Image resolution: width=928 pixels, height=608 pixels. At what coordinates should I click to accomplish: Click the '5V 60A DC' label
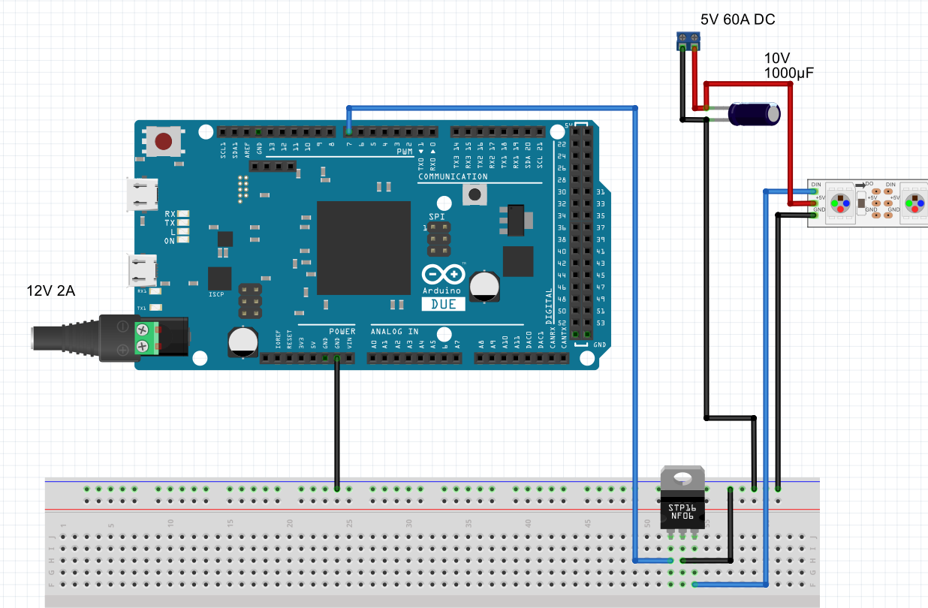click(x=737, y=20)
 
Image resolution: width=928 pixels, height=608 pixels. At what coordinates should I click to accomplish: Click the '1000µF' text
click(x=789, y=73)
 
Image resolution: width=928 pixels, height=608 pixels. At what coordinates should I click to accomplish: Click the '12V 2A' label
click(x=50, y=290)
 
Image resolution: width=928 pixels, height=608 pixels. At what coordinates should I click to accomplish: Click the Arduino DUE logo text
click(x=442, y=304)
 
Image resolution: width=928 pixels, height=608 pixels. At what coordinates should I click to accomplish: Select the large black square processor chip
click(x=363, y=248)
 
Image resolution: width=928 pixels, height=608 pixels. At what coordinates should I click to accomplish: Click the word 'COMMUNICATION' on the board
click(x=453, y=177)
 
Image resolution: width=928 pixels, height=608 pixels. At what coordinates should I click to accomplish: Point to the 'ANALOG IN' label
click(x=394, y=331)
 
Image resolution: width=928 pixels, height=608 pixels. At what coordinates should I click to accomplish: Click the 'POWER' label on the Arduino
click(x=342, y=331)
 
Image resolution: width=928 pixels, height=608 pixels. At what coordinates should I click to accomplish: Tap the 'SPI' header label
click(x=437, y=216)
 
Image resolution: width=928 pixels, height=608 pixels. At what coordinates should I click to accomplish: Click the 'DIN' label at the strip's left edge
click(x=817, y=185)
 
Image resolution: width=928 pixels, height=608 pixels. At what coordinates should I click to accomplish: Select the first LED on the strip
click(x=838, y=203)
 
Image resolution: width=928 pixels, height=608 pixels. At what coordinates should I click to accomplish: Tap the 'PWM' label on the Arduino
click(x=405, y=152)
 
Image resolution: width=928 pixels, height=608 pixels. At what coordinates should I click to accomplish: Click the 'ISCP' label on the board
click(x=216, y=295)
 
